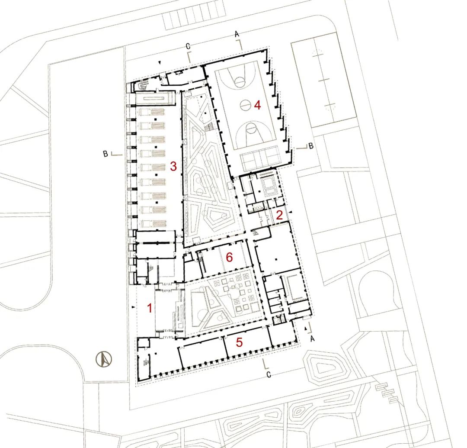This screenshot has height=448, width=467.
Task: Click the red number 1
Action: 150,308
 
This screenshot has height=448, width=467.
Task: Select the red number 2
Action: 279,215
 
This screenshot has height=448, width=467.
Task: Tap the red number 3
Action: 173,166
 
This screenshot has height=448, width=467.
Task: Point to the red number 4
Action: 257,105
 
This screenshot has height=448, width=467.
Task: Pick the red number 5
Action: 240,342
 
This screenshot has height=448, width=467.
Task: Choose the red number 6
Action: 229,257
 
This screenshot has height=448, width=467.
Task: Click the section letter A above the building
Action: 237,34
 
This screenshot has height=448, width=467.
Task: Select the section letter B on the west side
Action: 105,154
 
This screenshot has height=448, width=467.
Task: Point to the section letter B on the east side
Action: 310,146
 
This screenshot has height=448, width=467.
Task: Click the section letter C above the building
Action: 188,46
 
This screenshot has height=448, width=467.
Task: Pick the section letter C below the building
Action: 269,375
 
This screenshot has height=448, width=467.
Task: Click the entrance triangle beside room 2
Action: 291,211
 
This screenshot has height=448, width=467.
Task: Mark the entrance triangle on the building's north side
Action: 160,63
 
